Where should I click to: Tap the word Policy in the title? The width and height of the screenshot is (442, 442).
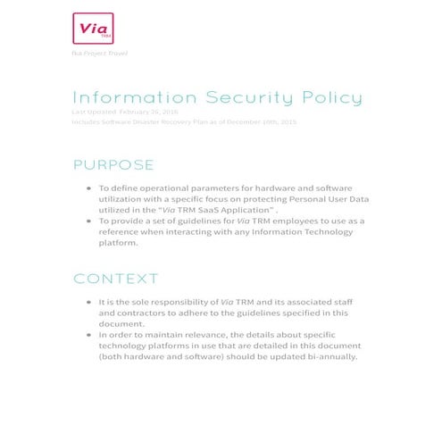329,97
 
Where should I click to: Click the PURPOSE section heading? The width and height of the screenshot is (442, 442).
113,165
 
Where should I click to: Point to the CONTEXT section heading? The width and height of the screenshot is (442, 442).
116,279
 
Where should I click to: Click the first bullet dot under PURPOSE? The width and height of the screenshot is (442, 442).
88,189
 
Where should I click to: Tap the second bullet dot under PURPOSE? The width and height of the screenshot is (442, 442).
88,220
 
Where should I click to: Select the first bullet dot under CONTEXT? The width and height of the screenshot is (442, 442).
88,303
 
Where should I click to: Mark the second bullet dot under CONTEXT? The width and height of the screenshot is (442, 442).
88,334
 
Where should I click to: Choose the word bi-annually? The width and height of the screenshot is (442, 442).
328,355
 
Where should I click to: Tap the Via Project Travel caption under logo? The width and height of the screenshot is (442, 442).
99,54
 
